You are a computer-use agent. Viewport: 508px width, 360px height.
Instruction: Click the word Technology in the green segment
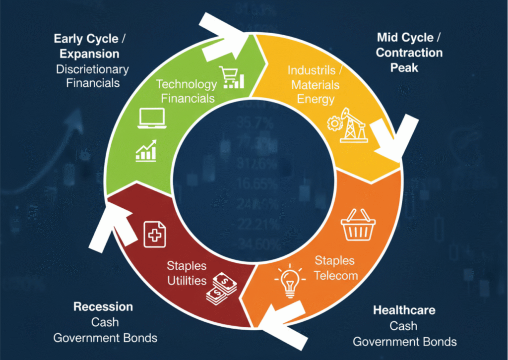187,84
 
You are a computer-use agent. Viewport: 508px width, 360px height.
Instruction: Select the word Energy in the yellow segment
316,99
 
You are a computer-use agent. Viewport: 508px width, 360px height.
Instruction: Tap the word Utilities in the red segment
187,280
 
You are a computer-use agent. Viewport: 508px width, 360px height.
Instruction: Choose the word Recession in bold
103,306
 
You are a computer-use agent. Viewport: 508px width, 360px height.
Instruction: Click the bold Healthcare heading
404,310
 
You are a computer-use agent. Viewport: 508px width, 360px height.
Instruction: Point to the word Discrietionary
92,69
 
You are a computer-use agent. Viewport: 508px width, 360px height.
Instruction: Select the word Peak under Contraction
404,67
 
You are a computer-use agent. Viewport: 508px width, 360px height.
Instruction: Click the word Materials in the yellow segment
316,84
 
